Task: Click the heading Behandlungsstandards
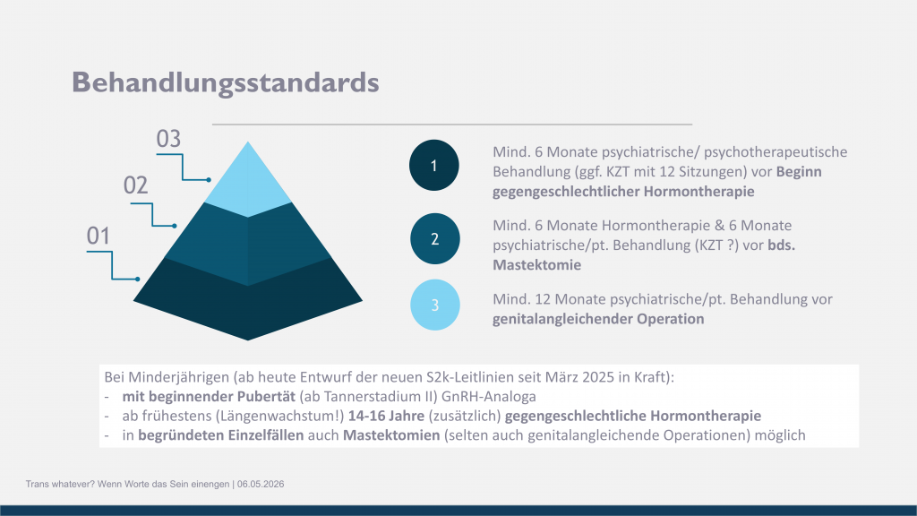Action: coord(225,82)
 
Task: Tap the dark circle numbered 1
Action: coord(434,165)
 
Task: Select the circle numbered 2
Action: coord(434,238)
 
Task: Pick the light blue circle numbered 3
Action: coord(434,305)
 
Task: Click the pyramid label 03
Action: coord(168,139)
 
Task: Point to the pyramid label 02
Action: coord(136,185)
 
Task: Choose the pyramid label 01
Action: coord(99,236)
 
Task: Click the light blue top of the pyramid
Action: coord(248,185)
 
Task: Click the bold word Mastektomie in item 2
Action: coord(537,265)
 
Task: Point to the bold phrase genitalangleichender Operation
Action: coord(598,319)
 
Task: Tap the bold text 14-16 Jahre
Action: coord(386,416)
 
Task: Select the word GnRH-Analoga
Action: coord(488,397)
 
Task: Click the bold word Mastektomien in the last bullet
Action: coord(391,435)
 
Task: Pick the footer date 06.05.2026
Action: coord(261,485)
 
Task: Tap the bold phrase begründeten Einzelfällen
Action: coord(221,435)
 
